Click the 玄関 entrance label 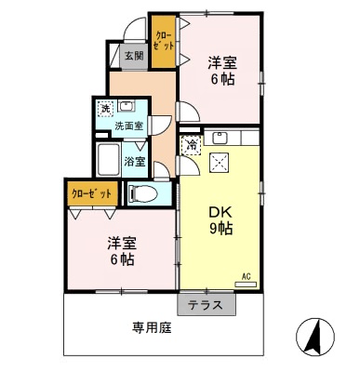pos(133,57)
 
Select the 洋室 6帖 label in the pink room pos(220,72)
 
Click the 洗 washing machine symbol pos(105,108)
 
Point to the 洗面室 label pos(129,125)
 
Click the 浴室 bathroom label pos(135,161)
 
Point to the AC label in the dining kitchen pos(247,276)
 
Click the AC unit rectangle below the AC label pos(246,286)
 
